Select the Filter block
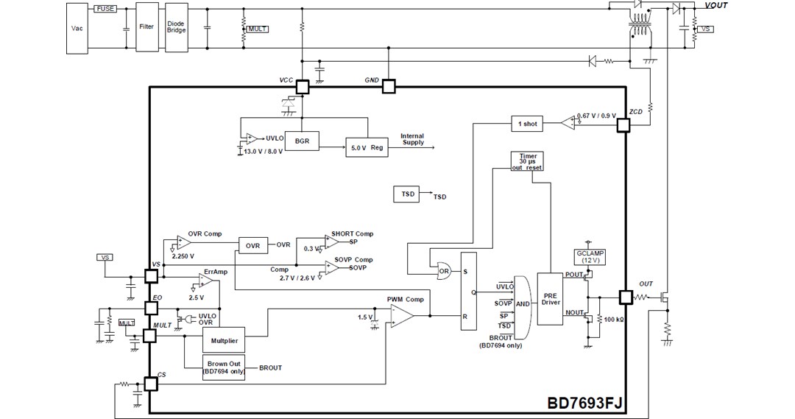(x=147, y=27)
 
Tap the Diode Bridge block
(x=176, y=27)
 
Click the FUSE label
(x=105, y=8)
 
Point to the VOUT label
(x=716, y=6)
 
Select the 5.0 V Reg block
(x=367, y=147)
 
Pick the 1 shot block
(x=527, y=124)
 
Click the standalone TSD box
(x=408, y=194)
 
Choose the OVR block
(x=252, y=245)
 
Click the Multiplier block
(x=223, y=340)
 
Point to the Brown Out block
(x=224, y=367)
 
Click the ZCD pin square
(x=623, y=126)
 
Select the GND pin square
(x=388, y=87)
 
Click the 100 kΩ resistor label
(x=614, y=319)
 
